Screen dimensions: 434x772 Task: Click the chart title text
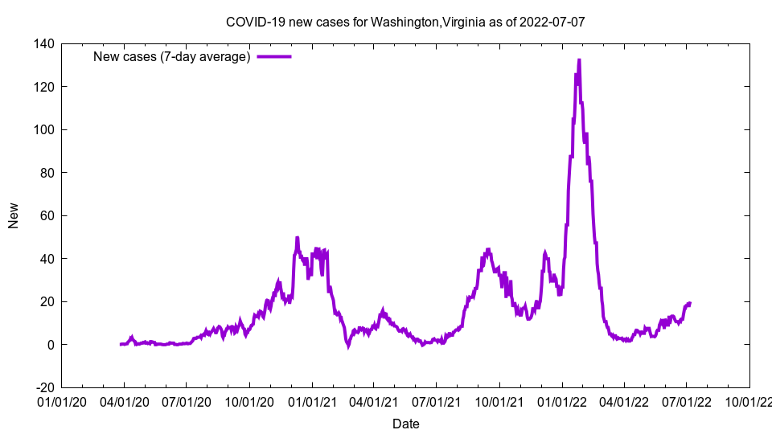click(405, 22)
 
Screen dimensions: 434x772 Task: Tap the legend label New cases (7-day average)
click(172, 56)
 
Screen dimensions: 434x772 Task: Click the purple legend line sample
click(273, 56)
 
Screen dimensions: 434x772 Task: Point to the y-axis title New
click(14, 215)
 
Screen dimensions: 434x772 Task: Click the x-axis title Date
click(405, 424)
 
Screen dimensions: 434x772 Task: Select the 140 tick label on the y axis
click(43, 43)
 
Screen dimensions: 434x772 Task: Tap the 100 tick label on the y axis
click(43, 129)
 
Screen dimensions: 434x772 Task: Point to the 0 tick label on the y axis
click(50, 345)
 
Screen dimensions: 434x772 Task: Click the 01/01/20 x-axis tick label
click(61, 399)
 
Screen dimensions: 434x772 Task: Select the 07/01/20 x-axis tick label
click(187, 399)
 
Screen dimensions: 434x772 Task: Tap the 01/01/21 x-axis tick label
click(312, 399)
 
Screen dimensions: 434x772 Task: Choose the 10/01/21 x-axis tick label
click(499, 399)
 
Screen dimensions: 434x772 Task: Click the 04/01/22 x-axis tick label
click(624, 399)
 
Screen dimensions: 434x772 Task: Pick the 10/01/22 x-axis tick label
click(749, 399)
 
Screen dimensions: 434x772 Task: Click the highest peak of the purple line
click(579, 60)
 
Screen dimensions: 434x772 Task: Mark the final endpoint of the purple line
click(690, 303)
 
